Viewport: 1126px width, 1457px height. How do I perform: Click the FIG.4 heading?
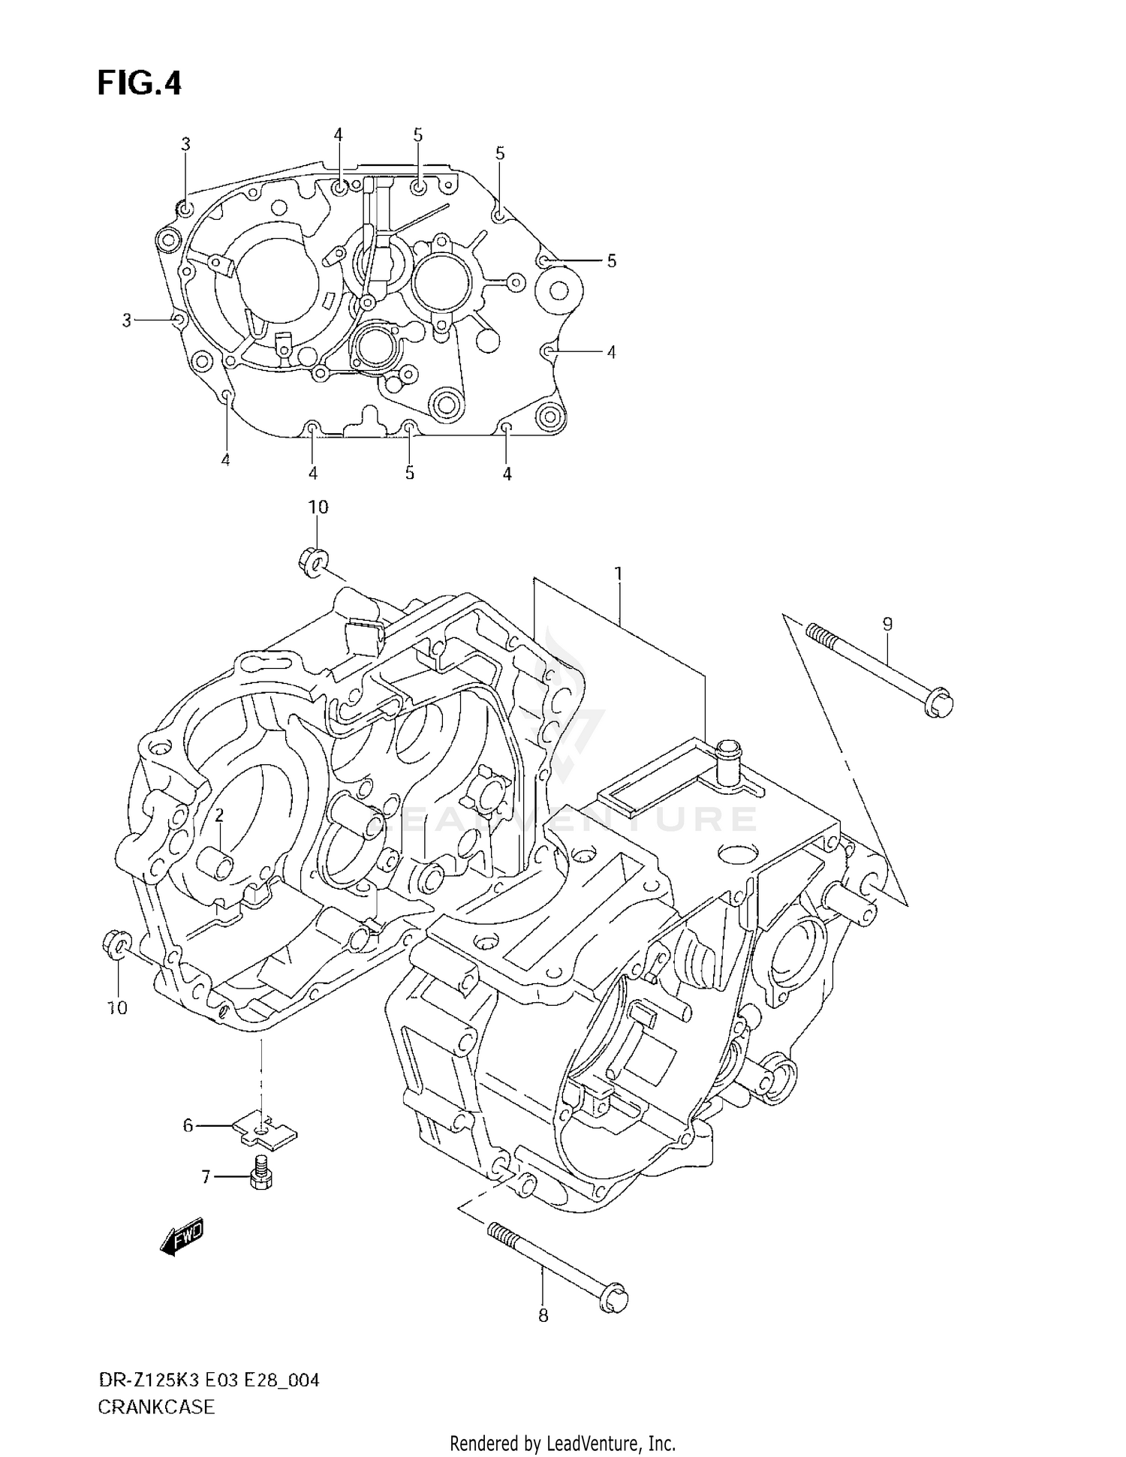pyautogui.click(x=139, y=83)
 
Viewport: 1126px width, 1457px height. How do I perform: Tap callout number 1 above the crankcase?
pyautogui.click(x=618, y=574)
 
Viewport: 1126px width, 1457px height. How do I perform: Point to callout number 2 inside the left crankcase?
pyautogui.click(x=219, y=815)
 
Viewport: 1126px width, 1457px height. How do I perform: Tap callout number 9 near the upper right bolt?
pyautogui.click(x=887, y=624)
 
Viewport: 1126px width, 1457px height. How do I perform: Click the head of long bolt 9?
pyautogui.click(x=939, y=704)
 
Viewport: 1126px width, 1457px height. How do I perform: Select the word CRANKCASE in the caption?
pyautogui.click(x=156, y=1407)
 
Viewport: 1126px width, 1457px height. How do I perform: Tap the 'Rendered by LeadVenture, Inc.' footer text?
pyautogui.click(x=562, y=1443)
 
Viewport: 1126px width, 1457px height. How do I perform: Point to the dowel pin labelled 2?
pyautogui.click(x=216, y=863)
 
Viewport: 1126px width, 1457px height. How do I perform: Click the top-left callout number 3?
pyautogui.click(x=185, y=144)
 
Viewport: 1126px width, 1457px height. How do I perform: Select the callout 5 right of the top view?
pyautogui.click(x=611, y=260)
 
